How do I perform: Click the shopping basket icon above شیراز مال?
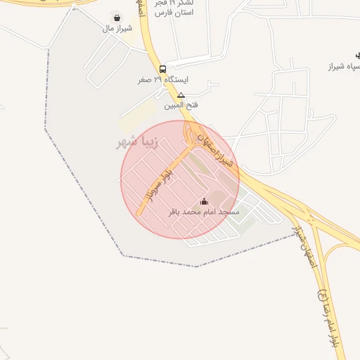coord(116,18)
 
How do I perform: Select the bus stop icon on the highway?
coord(163,69)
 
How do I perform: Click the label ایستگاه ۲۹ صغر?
coord(163,80)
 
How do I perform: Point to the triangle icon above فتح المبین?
coord(181,95)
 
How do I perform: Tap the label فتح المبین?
coord(181,105)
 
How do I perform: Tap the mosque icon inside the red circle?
coord(205,202)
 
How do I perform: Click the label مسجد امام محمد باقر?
coord(204,212)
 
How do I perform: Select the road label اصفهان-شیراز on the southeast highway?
coord(304,242)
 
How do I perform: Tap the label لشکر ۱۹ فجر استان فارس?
coord(173,8)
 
